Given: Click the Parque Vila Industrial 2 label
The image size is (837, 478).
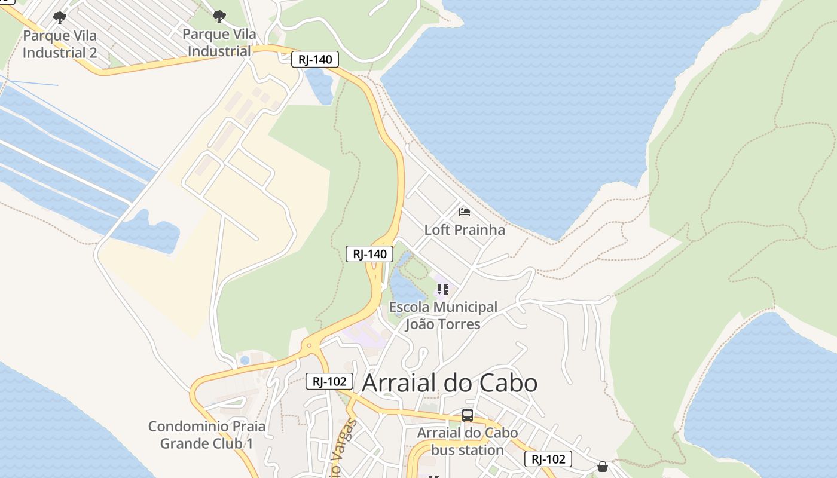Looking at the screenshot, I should pyautogui.click(x=60, y=44).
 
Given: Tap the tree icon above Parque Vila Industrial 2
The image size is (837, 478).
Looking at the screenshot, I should pyautogui.click(x=60, y=18).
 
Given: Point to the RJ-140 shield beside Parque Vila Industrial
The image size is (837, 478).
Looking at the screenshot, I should pyautogui.click(x=315, y=59).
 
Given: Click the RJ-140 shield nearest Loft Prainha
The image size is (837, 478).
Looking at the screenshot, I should pyautogui.click(x=369, y=254).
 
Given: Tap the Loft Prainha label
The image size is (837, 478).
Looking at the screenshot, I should pyautogui.click(x=465, y=230).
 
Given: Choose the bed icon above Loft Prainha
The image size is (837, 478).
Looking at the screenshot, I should pyautogui.click(x=465, y=212).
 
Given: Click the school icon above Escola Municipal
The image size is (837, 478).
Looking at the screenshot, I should pyautogui.click(x=442, y=290).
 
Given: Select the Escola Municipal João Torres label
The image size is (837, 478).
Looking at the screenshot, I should pyautogui.click(x=443, y=315).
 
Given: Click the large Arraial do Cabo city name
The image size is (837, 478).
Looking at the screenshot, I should pyautogui.click(x=450, y=383).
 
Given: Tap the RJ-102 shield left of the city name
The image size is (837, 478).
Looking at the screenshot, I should pyautogui.click(x=329, y=381).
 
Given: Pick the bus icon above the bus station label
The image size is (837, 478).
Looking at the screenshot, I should pyautogui.click(x=468, y=415).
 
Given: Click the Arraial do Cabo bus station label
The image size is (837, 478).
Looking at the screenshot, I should pyautogui.click(x=468, y=441).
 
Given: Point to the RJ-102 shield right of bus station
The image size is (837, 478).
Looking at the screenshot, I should pyautogui.click(x=548, y=459).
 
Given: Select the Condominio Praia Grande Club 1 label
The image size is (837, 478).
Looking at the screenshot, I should pyautogui.click(x=207, y=435).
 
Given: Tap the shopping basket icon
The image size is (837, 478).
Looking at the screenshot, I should pyautogui.click(x=603, y=466).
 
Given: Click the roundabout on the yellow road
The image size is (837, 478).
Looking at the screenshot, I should pyautogui.click(x=308, y=345).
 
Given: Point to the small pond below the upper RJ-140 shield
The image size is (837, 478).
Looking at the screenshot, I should pyautogui.click(x=319, y=84).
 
